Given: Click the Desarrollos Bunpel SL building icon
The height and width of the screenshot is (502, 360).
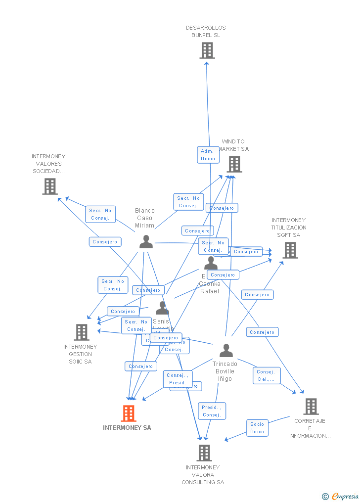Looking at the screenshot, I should (207, 50).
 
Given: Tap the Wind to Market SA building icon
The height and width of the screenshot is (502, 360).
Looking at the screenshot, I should (234, 164).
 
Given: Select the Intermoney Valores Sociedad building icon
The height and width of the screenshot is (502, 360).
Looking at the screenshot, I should (50, 186).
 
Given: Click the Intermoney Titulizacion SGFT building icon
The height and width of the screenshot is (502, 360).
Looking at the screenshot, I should (290, 250).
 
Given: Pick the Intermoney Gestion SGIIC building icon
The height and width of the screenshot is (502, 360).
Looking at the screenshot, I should (82, 332).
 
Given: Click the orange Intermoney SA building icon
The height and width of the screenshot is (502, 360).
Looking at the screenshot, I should (129, 413).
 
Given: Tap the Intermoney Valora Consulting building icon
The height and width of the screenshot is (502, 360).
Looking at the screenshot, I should (204, 453).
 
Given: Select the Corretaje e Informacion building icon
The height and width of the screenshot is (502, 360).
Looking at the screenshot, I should (311, 407).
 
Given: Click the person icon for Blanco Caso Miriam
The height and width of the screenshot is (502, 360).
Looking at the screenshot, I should (146, 242).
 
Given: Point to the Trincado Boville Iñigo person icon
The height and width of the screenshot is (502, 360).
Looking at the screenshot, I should (226, 351).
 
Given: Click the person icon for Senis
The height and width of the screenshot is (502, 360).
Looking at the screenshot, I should (162, 308).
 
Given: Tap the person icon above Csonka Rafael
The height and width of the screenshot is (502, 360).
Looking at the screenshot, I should (211, 263).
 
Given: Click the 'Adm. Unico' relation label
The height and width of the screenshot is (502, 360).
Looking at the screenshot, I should (208, 155).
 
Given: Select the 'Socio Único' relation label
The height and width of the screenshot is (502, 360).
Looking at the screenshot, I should (257, 428).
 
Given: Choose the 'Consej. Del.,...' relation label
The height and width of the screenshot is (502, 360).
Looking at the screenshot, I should (267, 375).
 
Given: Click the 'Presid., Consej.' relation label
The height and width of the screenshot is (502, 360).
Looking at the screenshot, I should (212, 411).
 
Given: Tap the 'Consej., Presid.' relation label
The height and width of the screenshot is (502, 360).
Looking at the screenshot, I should (177, 379).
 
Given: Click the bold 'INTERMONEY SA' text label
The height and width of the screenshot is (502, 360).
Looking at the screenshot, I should (127, 428).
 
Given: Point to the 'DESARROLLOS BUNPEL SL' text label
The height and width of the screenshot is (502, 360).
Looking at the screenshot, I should (206, 32).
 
